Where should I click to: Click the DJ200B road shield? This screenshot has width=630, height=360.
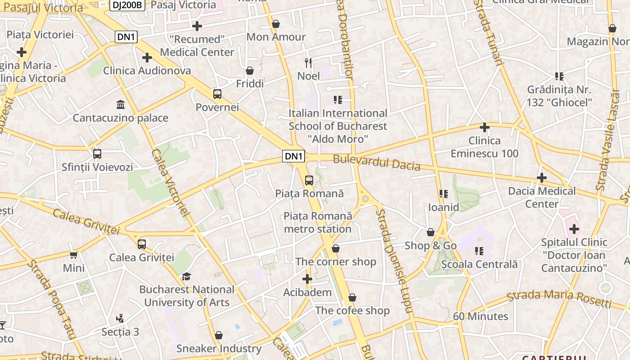[127, 5]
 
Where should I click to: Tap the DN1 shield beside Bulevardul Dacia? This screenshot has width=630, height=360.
[294, 156]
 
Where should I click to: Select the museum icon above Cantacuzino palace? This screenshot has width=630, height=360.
[121, 105]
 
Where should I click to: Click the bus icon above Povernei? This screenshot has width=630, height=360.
[217, 94]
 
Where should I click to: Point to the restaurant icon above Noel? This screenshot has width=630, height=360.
[308, 63]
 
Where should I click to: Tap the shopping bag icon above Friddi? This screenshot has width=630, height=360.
[250, 71]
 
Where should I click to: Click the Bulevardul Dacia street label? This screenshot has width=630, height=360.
[377, 162]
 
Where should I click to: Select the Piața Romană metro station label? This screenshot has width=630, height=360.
[317, 222]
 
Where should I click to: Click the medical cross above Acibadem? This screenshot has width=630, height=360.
[307, 279]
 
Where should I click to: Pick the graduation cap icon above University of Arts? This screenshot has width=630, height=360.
[186, 276]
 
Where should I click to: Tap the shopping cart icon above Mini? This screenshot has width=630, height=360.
[74, 255]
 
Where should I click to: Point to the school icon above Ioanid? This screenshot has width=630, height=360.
[444, 194]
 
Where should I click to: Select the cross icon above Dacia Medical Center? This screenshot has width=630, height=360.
[542, 178]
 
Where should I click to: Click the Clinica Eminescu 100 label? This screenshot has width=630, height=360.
[485, 147]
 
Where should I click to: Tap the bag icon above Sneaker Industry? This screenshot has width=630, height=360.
[219, 335]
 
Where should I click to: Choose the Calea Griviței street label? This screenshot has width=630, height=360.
[86, 221]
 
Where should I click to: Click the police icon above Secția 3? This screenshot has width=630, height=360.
[120, 319]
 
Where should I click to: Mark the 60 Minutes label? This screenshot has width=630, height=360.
[480, 316]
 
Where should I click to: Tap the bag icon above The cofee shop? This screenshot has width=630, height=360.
[352, 297]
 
